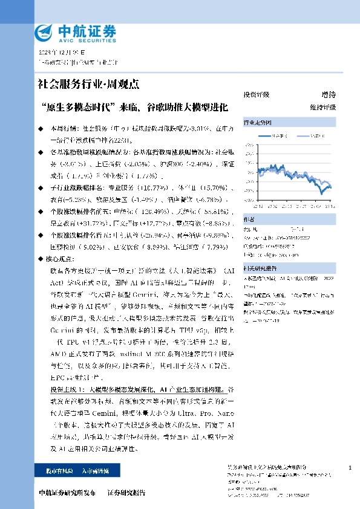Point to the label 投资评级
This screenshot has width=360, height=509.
click(x=256, y=94)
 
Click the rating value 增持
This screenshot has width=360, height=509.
click(x=329, y=94)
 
